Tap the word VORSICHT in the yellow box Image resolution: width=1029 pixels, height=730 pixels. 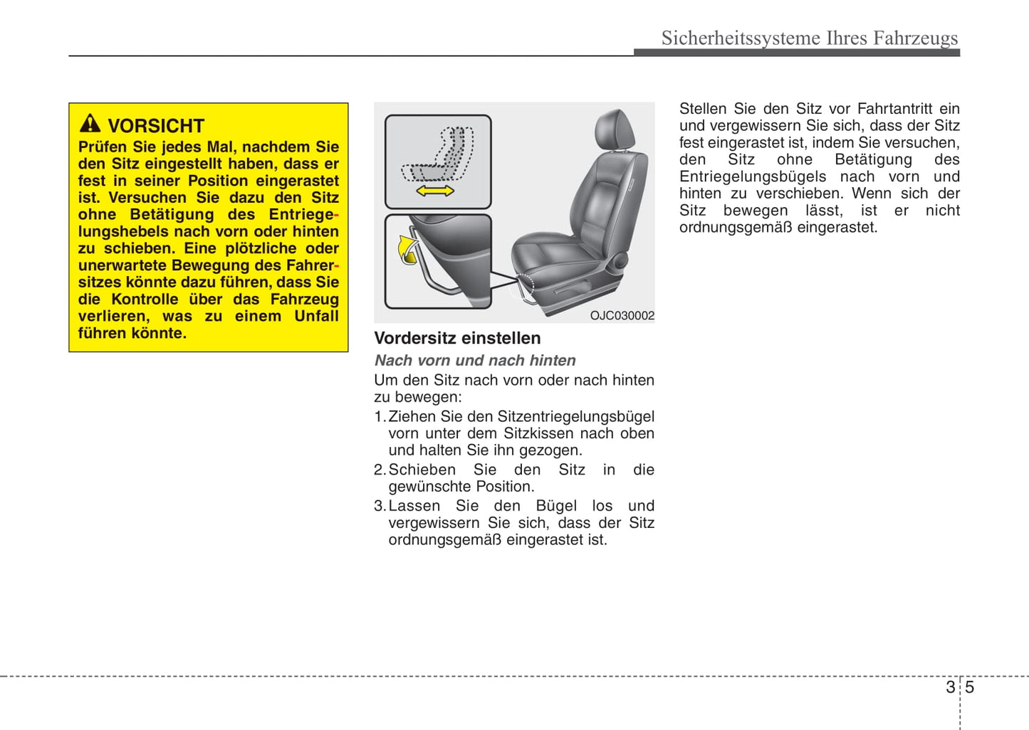pyautogui.click(x=156, y=126)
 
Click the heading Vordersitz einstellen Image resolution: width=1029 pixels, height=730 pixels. pyautogui.click(x=457, y=338)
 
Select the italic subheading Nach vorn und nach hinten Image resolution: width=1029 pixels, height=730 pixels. pyautogui.click(x=475, y=361)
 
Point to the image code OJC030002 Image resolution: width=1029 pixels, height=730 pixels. pyautogui.click(x=622, y=316)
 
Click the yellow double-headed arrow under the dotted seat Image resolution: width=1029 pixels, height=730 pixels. pyautogui.click(x=435, y=191)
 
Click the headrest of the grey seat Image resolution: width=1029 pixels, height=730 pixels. pyautogui.click(x=615, y=129)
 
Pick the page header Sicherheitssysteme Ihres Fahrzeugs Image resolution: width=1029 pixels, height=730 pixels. pyautogui.click(x=810, y=38)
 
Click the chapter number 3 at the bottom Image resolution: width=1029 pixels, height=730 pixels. pyautogui.click(x=950, y=687)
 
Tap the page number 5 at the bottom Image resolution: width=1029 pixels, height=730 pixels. pyautogui.click(x=969, y=687)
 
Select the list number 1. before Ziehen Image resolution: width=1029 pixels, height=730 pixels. pyautogui.click(x=380, y=417)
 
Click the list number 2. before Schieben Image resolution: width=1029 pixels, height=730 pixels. pyautogui.click(x=380, y=470)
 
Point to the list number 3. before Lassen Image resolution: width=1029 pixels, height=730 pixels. pyautogui.click(x=380, y=506)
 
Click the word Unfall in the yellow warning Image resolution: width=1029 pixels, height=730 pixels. pyautogui.click(x=317, y=316)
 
